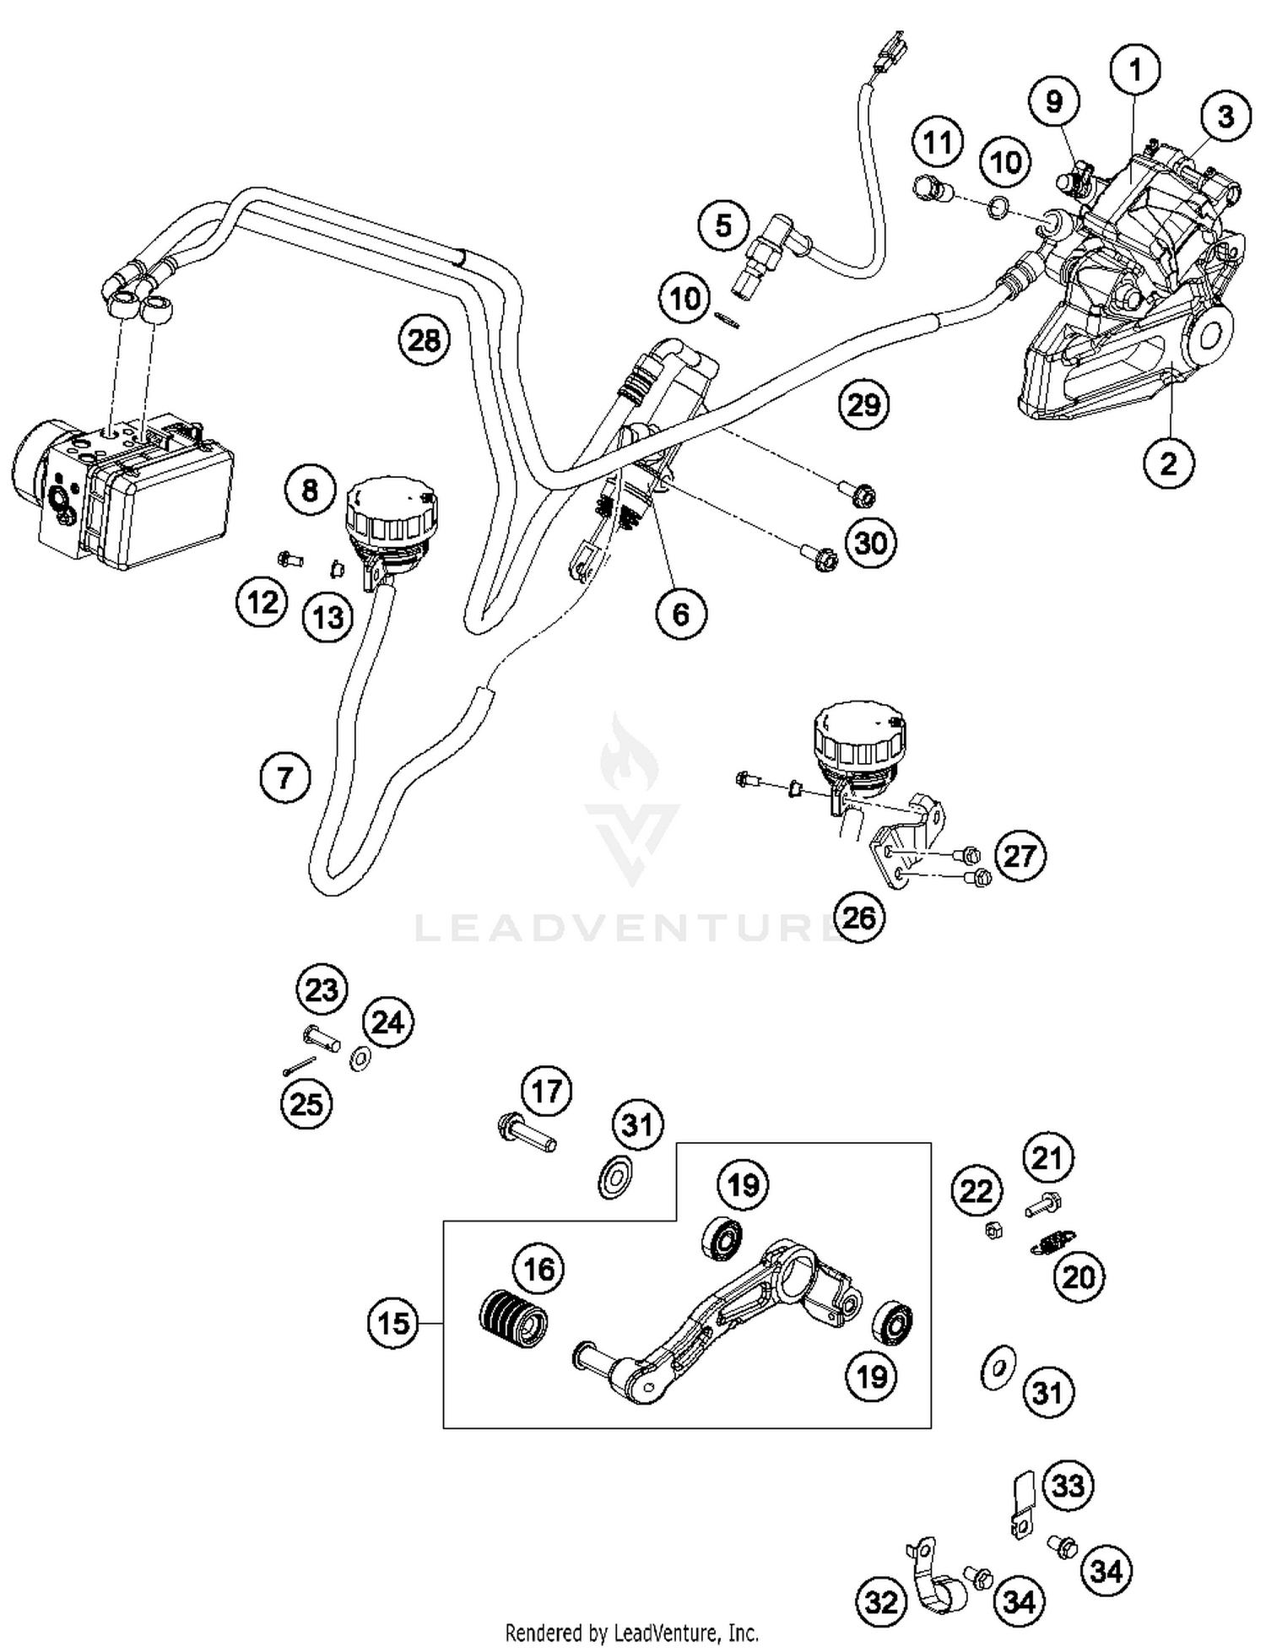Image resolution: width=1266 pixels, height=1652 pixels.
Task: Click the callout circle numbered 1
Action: coord(1135,70)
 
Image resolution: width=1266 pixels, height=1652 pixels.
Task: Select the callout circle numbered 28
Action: coord(424,340)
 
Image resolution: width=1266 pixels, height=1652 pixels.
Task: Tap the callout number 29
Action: coord(863,405)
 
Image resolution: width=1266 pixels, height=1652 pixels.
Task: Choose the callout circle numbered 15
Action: coord(393,1323)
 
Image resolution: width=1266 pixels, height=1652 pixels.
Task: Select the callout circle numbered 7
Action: coord(285,777)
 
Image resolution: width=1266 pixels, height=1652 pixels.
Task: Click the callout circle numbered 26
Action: coord(859,917)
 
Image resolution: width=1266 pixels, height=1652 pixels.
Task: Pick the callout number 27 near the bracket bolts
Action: coord(1020,856)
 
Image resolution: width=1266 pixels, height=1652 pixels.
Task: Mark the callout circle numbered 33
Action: coord(1068,1485)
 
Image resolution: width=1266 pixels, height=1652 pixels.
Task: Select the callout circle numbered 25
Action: coord(306,1102)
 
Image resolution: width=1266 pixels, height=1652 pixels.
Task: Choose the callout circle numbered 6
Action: coord(680,614)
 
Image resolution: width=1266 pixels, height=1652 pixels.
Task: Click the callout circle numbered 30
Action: coord(870,543)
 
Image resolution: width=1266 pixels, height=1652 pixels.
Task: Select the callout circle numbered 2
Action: coord(1168,463)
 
